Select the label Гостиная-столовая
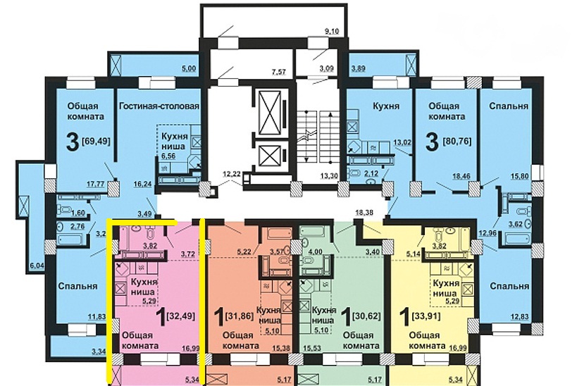(159, 106)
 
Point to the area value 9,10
(332, 31)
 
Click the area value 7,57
(279, 72)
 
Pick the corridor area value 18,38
(364, 212)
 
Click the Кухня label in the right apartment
(386, 106)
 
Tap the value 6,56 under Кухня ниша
(168, 156)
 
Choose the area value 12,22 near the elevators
(232, 173)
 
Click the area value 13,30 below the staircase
(327, 176)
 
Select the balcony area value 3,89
(358, 68)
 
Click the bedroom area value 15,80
(520, 176)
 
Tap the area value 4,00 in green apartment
(316, 251)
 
